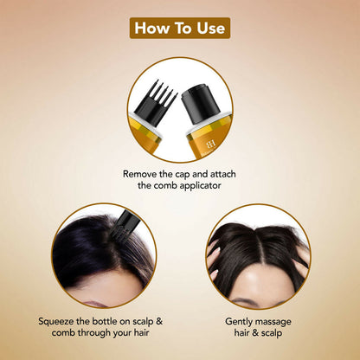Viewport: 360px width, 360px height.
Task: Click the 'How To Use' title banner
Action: click(180, 28)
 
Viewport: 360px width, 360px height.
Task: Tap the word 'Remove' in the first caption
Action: click(138, 174)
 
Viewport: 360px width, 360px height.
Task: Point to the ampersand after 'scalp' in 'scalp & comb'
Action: click(159, 321)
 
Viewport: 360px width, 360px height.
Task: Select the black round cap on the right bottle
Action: click(200, 105)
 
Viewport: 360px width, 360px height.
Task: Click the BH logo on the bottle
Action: click(210, 145)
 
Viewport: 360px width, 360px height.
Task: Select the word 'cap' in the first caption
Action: click(182, 175)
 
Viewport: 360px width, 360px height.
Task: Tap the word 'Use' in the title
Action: click(211, 29)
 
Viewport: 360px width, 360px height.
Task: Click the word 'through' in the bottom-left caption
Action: click(93, 333)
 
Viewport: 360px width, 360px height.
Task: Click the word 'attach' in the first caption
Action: click(223, 174)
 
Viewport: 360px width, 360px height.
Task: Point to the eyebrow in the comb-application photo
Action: click(93, 303)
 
